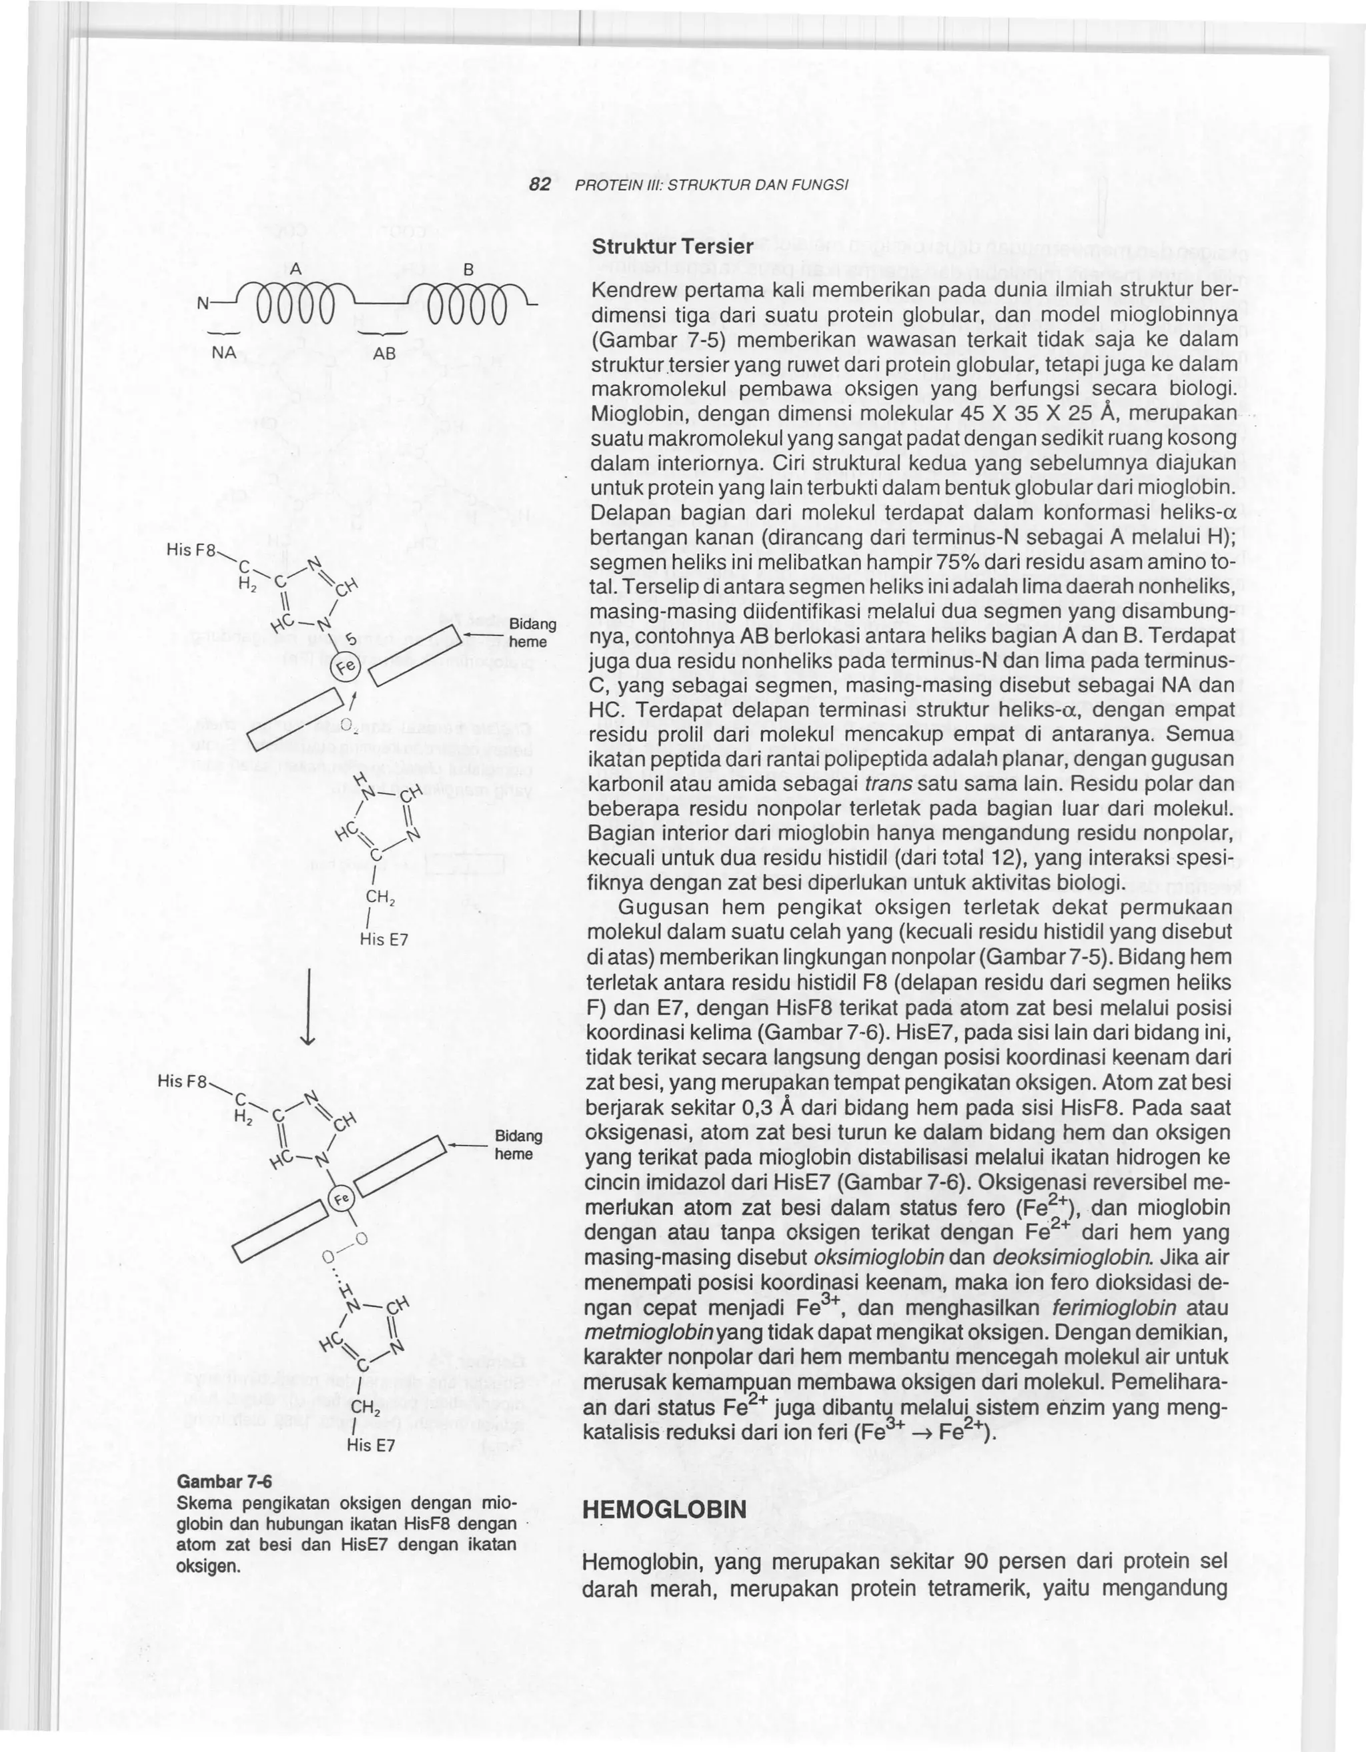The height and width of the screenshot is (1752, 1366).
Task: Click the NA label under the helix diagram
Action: tap(223, 352)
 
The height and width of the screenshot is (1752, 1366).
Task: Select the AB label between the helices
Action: tap(384, 352)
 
